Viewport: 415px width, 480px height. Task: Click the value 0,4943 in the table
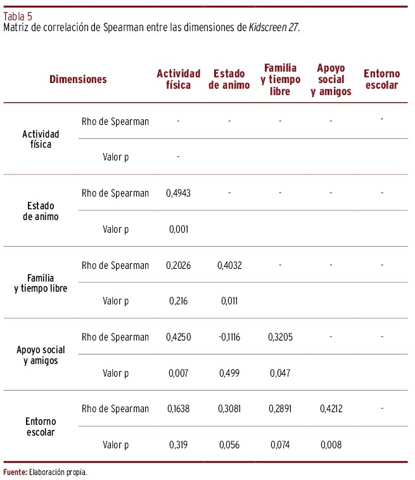(178, 193)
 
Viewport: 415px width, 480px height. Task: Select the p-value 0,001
(178, 230)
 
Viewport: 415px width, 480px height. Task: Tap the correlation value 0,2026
(178, 266)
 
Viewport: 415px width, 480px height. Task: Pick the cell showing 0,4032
(229, 266)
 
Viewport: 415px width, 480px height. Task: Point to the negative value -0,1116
(229, 337)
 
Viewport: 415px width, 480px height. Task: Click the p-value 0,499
(229, 373)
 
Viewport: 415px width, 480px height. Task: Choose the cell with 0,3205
(279, 337)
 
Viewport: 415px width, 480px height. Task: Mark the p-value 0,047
(279, 373)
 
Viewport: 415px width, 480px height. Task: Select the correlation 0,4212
(331, 409)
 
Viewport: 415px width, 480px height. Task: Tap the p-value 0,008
(331, 445)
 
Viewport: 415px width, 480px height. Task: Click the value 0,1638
(178, 409)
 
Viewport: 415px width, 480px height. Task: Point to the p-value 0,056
(229, 445)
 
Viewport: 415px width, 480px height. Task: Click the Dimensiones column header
(78, 80)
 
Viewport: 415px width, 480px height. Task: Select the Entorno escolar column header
(381, 80)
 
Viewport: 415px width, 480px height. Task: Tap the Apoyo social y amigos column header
(331, 80)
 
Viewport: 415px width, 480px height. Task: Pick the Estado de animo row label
(41, 211)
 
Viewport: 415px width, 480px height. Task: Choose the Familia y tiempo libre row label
(41, 283)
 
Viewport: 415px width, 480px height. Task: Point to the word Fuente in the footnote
(14, 472)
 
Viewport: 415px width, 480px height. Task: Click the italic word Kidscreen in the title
(268, 28)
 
